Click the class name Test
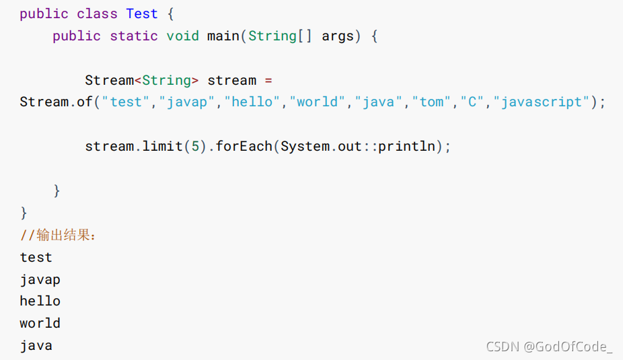pyautogui.click(x=142, y=13)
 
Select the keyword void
pyautogui.click(x=182, y=36)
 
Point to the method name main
pyautogui.click(x=223, y=36)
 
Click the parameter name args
pyautogui.click(x=338, y=36)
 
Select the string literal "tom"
pyautogui.click(x=432, y=102)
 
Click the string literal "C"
pyautogui.click(x=472, y=102)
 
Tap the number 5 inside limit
pyautogui.click(x=195, y=146)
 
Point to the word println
pyautogui.click(x=406, y=146)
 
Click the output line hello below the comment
pyautogui.click(x=40, y=301)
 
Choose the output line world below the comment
pyautogui.click(x=40, y=323)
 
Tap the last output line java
pyautogui.click(x=36, y=345)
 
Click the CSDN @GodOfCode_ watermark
pyautogui.click(x=549, y=347)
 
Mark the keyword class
pyautogui.click(x=97, y=13)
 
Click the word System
pyautogui.click(x=305, y=146)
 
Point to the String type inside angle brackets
pyautogui.click(x=166, y=80)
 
